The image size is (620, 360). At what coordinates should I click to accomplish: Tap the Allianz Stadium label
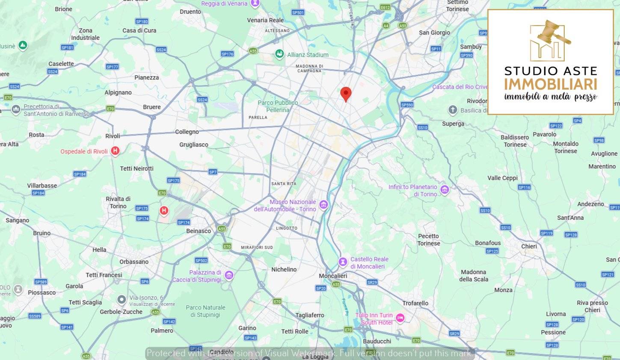tap(308, 55)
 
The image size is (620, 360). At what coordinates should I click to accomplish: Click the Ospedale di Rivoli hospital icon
tap(115, 151)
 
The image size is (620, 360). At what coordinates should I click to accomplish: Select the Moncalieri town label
tap(333, 276)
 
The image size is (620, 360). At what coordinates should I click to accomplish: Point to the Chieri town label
tap(529, 246)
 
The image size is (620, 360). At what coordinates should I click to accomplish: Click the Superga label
tap(453, 124)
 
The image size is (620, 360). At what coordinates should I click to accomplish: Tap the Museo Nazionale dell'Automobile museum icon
tap(323, 205)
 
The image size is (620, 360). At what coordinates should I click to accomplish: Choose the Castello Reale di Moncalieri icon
tap(343, 262)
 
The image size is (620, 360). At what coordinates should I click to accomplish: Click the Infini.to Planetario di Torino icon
tap(445, 190)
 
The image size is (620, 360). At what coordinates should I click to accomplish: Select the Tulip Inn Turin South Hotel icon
tap(400, 318)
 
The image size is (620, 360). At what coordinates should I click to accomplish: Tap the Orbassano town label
tap(134, 262)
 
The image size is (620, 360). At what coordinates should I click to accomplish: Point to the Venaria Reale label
tap(265, 20)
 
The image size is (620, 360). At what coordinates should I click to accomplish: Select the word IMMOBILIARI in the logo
tap(550, 84)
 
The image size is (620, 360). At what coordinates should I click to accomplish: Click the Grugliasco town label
tap(194, 145)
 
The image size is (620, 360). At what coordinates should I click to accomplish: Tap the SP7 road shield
tap(213, 172)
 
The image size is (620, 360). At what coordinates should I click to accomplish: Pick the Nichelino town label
tap(284, 269)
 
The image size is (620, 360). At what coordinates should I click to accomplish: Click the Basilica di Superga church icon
tap(453, 110)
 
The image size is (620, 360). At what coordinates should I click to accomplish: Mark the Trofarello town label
tap(415, 303)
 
